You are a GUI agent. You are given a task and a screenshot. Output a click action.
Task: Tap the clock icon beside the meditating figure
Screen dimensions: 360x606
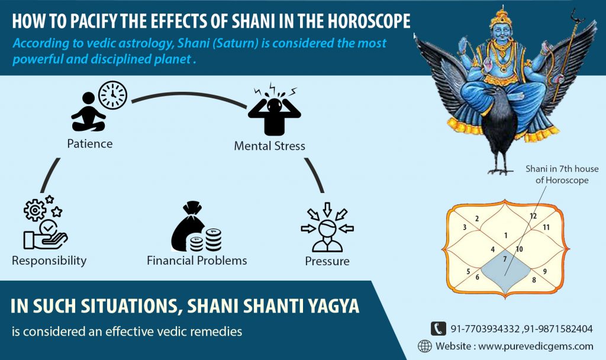point(113,95)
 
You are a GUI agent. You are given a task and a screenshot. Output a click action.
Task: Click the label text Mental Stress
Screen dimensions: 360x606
point(270,146)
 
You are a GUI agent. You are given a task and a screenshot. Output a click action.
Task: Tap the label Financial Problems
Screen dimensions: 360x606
point(197,261)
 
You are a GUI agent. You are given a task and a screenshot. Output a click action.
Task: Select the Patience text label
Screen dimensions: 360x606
point(89,143)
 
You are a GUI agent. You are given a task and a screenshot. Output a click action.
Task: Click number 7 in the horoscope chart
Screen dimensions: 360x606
point(504,259)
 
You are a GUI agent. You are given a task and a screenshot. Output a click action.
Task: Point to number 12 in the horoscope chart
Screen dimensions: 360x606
point(533,216)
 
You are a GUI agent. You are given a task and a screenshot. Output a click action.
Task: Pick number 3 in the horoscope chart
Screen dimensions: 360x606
point(465,227)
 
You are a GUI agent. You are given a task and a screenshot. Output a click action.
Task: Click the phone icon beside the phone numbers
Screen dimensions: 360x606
point(438,328)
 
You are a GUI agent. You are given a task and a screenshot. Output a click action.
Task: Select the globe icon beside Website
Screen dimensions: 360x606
point(424,346)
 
